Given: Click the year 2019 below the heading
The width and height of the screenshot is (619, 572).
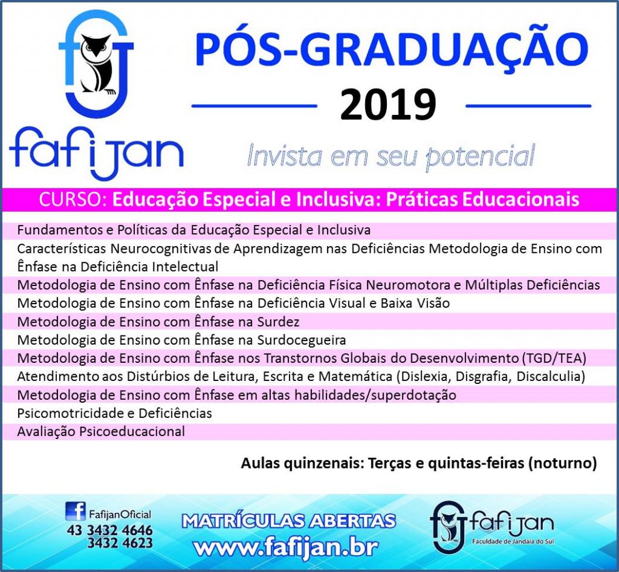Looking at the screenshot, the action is pos(389,105).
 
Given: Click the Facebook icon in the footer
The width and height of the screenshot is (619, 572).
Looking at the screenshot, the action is pos(75,511).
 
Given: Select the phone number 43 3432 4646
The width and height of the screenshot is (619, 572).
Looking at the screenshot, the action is pos(109,530).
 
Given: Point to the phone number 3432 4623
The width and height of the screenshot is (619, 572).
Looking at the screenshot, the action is pos(120,543).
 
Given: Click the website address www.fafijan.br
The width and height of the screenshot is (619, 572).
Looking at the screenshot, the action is pos(286,547).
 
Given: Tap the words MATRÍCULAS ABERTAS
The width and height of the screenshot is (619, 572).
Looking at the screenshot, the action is pos(288,521).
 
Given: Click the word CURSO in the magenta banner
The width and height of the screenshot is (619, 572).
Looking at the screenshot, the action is pos(71,200).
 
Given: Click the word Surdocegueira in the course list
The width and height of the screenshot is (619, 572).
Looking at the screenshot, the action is pos(302,340).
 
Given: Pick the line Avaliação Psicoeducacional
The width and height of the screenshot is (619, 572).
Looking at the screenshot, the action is pos(101,432).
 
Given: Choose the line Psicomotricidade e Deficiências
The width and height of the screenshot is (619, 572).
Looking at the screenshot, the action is pos(114,414).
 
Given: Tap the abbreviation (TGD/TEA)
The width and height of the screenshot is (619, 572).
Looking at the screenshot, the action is pos(554,359).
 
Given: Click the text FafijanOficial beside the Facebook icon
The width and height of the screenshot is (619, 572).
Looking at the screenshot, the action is pos(120,515).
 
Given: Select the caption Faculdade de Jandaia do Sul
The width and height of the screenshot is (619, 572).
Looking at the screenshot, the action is pos(513,541).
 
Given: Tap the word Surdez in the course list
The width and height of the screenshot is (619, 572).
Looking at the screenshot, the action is pos(278,322).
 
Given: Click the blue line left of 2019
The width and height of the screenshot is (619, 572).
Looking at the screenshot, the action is pos(254,106).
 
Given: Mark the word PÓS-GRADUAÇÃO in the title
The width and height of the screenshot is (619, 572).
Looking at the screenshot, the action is pos(392,48).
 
